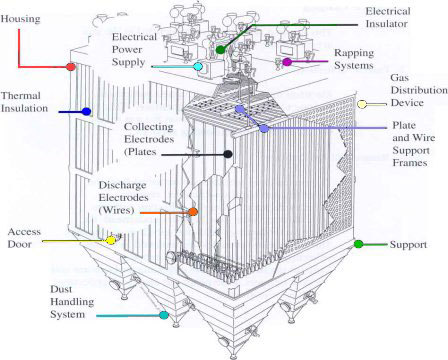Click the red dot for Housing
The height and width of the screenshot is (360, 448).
(x=71, y=67)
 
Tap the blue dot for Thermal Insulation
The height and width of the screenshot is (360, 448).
(x=87, y=112)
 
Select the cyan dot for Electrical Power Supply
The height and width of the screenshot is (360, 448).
(x=198, y=67)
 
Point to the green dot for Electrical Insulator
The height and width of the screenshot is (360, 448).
(x=221, y=48)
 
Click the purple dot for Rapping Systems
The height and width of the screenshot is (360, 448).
(x=287, y=62)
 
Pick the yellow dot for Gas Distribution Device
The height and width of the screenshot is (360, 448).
(x=362, y=104)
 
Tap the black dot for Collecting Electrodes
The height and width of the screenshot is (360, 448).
(x=229, y=154)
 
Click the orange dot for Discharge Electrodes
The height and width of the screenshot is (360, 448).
(x=192, y=212)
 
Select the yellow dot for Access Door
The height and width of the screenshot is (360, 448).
(x=111, y=240)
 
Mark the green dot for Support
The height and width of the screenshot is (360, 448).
(x=358, y=244)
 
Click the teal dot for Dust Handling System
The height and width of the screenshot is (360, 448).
(x=164, y=315)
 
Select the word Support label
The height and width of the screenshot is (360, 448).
(x=408, y=244)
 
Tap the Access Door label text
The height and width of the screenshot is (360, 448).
(x=25, y=237)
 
